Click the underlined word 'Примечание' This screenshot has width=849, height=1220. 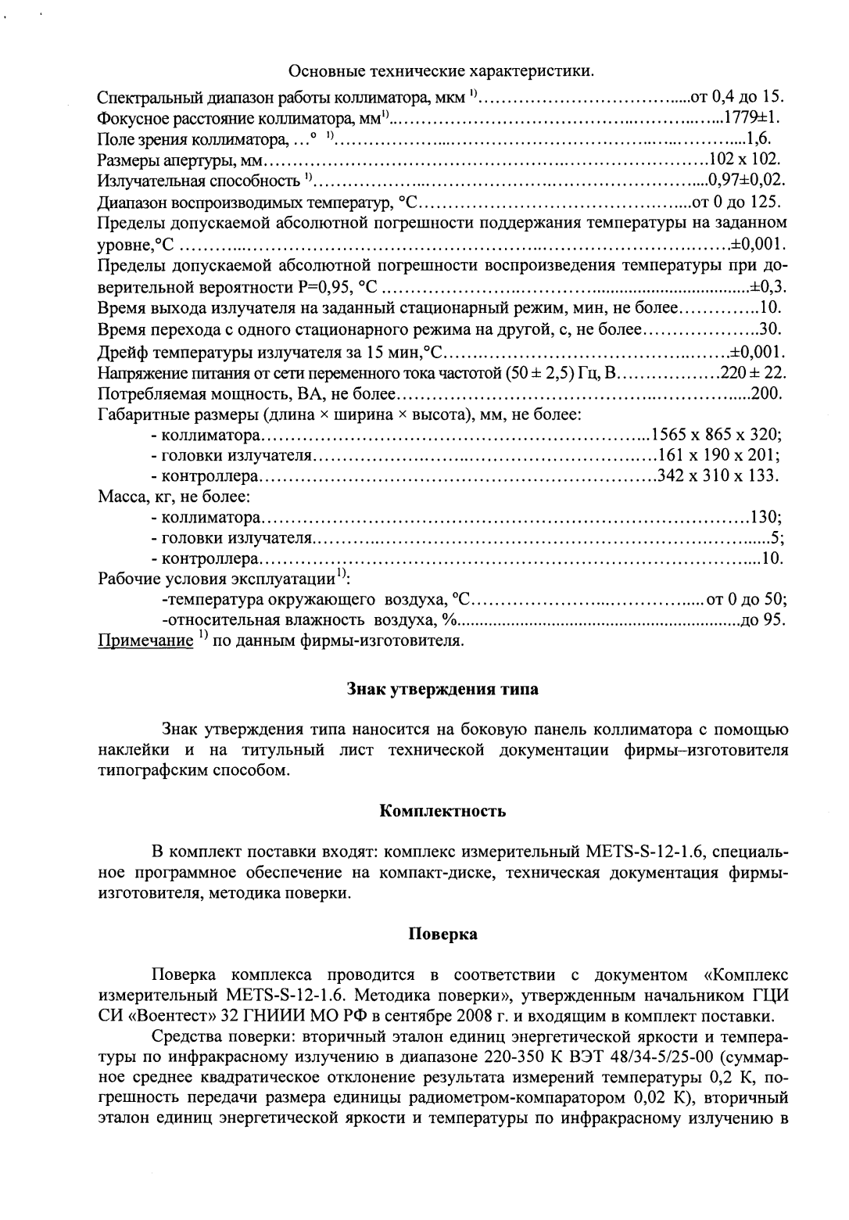pos(145,642)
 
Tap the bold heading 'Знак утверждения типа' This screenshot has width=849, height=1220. pos(442,690)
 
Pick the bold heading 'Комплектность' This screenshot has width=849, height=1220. pos(442,811)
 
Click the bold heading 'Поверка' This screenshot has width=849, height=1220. pos(442,933)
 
